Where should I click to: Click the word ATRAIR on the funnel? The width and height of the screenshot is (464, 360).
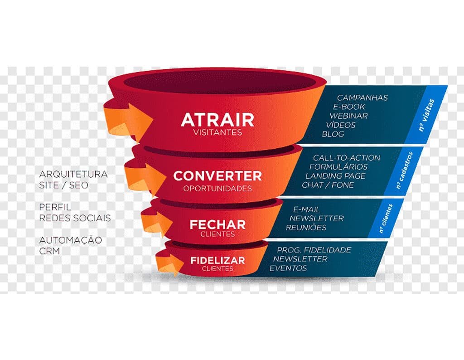pos(217,120)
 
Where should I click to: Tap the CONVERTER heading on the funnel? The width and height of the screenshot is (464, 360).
pos(217,176)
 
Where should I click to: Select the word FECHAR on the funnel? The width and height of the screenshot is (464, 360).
pos(217,225)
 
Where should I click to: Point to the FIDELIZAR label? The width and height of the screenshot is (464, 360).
pos(217,261)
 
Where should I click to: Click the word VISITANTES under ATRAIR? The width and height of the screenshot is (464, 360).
pos(217,132)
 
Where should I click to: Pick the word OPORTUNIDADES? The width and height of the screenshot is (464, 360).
pos(217,188)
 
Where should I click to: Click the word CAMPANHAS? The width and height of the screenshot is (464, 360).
pos(362,97)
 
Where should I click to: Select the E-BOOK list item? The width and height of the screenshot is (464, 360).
pos(349,107)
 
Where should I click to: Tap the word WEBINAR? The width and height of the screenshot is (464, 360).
pos(348,116)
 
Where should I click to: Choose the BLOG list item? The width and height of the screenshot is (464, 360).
pos(333,134)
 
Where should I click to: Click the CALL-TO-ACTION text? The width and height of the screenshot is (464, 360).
pos(347,158)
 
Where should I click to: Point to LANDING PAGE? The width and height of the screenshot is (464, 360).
pos(336,176)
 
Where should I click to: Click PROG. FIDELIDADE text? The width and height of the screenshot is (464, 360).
pos(314,250)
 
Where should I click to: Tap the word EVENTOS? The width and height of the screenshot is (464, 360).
pos(288,268)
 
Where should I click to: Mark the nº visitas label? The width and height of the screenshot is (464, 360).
pos(426,115)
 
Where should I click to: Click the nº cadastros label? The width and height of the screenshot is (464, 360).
pos(404,170)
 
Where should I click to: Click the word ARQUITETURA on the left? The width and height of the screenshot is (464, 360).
pos(73,174)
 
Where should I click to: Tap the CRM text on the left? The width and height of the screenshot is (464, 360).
pos(49,251)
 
